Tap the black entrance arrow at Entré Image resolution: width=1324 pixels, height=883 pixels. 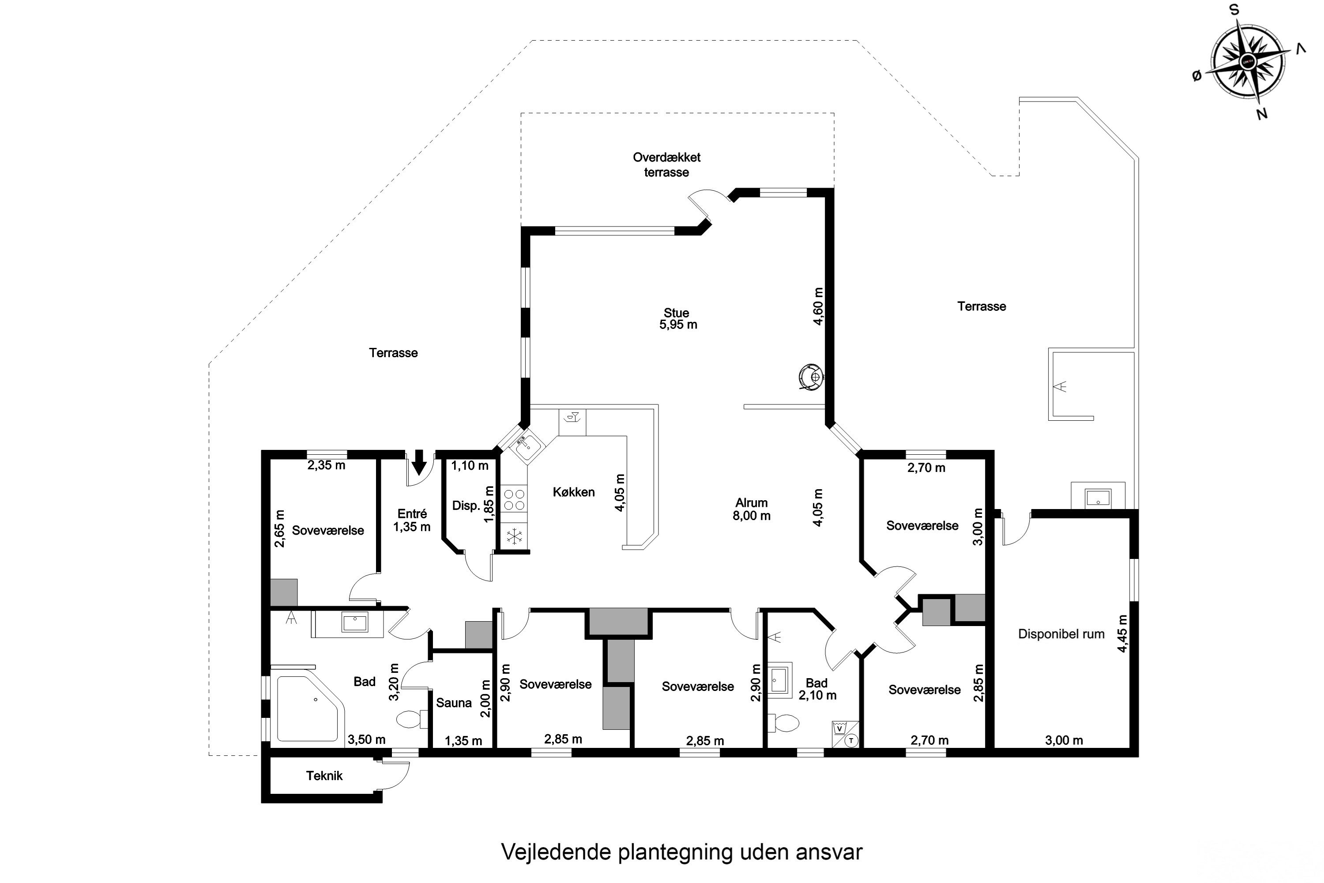coord(419,462)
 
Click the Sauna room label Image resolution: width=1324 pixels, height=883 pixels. coord(454,703)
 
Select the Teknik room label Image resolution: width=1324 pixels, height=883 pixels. coord(324,776)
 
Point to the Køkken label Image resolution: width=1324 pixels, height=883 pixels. coord(574,492)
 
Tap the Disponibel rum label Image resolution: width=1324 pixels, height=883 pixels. coord(1061,634)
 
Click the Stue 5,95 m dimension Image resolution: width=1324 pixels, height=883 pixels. coord(678,325)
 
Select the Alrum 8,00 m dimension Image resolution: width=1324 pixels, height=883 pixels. coord(752,516)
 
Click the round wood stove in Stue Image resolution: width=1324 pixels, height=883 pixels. coord(812,376)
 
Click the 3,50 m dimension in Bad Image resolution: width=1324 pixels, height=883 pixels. coord(366,740)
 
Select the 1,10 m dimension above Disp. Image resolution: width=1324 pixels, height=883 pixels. coord(470,466)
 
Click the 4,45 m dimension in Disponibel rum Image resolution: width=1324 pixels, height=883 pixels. coord(1122,634)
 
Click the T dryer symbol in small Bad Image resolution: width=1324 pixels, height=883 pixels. coord(852,740)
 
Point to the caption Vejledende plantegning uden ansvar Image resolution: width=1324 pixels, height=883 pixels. coord(682,852)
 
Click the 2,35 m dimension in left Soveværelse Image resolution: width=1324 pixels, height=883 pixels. coord(326,465)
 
